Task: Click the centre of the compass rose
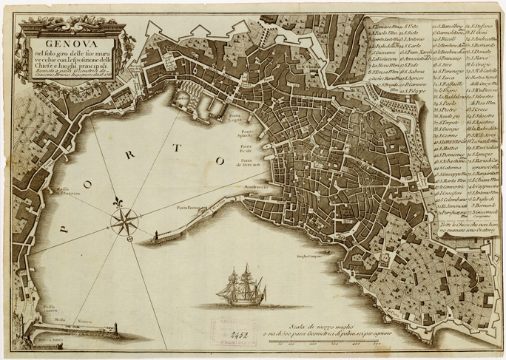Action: point(125,219)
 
